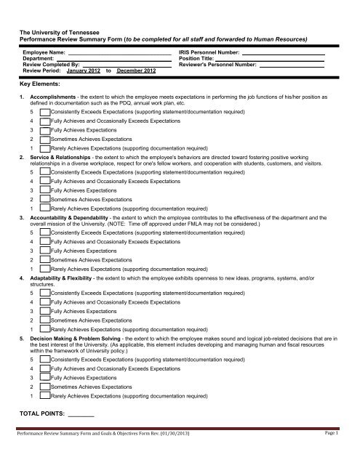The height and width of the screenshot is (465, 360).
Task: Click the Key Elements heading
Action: click(x=39, y=84)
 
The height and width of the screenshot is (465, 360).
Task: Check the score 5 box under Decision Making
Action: click(x=45, y=358)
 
